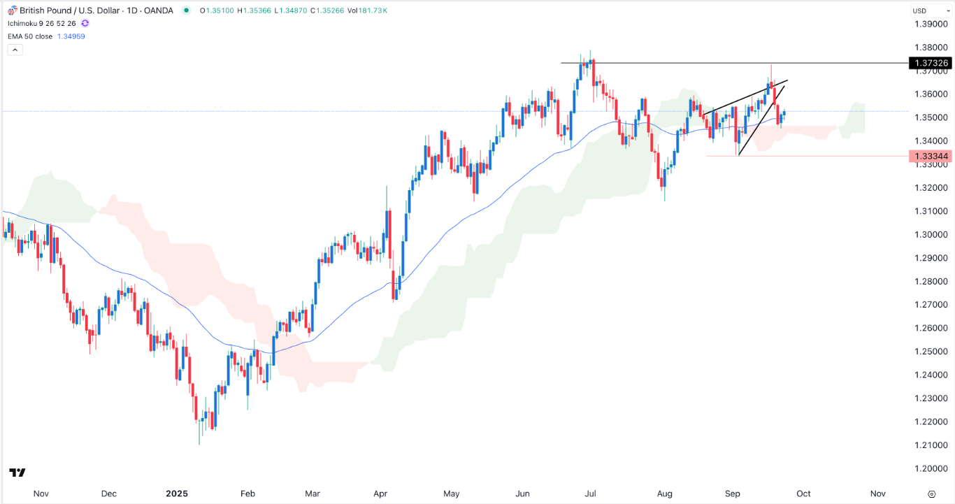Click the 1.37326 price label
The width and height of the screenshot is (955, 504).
pos(931,64)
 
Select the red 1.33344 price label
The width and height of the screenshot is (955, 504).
pos(931,157)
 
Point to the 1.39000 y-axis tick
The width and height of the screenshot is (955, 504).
pos(931,24)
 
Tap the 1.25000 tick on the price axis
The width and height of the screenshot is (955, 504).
pos(931,352)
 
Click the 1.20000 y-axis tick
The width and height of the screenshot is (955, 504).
pos(931,468)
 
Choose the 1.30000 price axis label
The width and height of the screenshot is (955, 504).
pos(931,234)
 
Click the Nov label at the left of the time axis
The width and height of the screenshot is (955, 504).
pos(41,493)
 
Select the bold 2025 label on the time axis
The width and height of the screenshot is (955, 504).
pos(176,493)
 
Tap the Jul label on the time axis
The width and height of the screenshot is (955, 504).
pos(590,493)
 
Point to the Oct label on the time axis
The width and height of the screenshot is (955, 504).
pos(803,493)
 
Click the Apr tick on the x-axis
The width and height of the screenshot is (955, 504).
pos(380,493)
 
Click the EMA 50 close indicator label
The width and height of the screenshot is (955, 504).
pos(29,36)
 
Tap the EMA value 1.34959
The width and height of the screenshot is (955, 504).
pos(71,36)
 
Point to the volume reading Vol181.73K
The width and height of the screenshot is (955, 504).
pos(367,10)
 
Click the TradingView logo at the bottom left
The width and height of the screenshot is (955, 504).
pos(17,473)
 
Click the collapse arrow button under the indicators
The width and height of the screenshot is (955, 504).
pos(15,50)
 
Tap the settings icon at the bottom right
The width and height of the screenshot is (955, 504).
pos(931,493)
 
